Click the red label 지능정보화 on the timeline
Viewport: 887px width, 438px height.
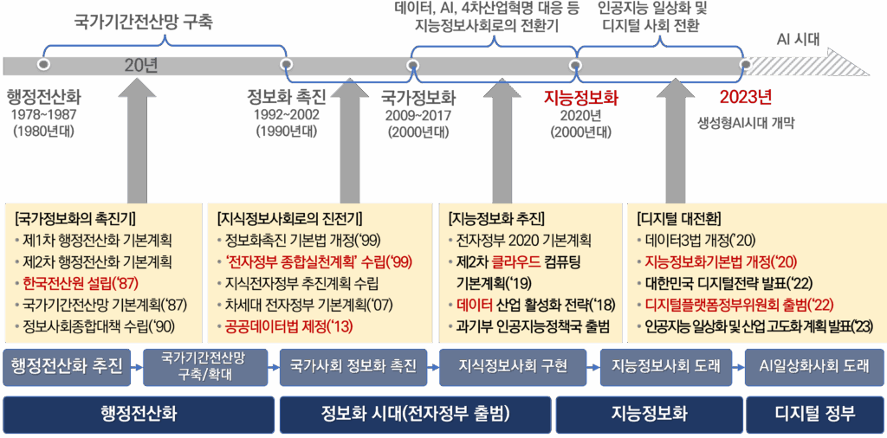[x=580, y=98]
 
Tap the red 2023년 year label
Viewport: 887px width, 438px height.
[x=745, y=98]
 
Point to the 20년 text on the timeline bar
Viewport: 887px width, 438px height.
[x=141, y=66]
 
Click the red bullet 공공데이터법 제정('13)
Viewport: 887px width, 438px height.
[x=288, y=326]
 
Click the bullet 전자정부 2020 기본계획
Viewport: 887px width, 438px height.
[x=523, y=240]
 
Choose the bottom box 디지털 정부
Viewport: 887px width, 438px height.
[x=813, y=414]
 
